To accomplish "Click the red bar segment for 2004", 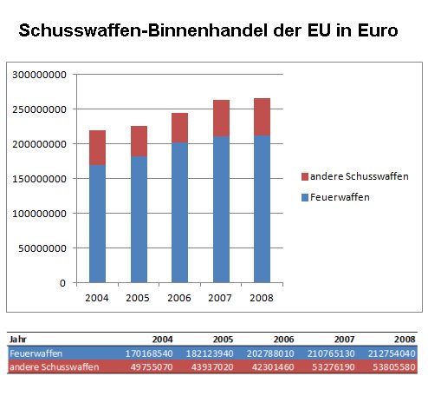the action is (x=97, y=148).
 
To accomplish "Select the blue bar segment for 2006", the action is (x=179, y=213).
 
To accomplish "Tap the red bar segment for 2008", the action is (x=262, y=117).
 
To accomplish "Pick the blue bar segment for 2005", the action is (x=139, y=220).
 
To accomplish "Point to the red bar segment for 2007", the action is (x=221, y=118).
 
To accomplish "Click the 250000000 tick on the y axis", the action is (x=39, y=109).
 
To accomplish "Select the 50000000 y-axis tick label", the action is (x=42, y=248).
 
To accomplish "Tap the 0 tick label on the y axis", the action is (x=62, y=283).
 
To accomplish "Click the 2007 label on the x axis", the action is (x=220, y=298).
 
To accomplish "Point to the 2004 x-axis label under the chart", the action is (x=97, y=298).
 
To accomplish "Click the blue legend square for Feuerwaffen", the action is (x=305, y=198).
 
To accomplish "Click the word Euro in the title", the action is (x=378, y=30).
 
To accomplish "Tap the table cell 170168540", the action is (x=149, y=353).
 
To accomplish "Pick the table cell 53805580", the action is (x=394, y=367).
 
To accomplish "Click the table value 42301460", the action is (x=273, y=367).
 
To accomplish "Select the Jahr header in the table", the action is (x=18, y=340).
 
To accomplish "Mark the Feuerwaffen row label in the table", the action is (x=36, y=353).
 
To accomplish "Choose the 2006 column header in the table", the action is (x=283, y=340).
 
